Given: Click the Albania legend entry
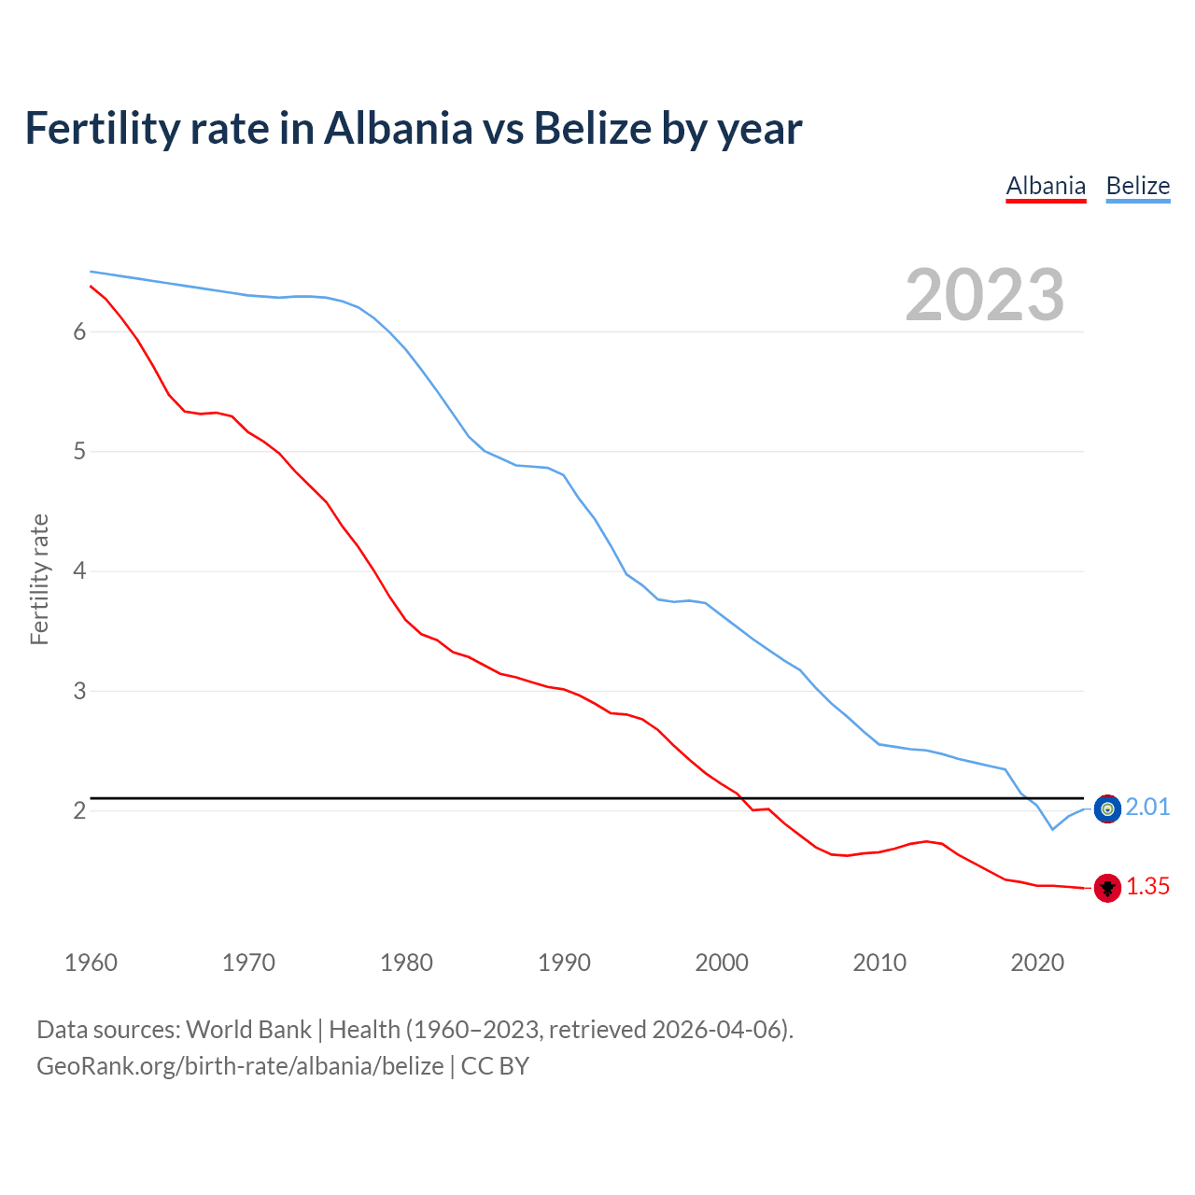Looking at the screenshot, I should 1046,187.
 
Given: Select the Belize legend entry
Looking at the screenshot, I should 1137,187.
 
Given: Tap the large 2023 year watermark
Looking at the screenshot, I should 985,295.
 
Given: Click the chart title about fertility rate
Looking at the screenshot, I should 414,128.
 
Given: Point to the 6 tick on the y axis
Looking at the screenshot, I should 79,332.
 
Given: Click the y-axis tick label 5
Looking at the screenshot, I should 79,452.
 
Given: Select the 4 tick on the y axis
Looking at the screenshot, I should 79,571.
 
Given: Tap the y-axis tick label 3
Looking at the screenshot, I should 79,691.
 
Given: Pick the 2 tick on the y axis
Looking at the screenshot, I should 79,810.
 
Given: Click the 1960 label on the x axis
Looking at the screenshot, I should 91,963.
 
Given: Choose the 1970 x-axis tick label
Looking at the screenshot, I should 248,963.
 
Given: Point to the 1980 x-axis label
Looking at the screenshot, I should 406,963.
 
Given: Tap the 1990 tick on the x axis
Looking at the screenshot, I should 564,963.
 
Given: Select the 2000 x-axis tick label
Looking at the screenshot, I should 722,963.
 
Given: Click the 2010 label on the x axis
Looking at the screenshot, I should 879,963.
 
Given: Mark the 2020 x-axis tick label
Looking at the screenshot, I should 1037,963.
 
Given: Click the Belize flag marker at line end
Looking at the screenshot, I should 1107,808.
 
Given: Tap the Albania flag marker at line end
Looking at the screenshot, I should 1107,888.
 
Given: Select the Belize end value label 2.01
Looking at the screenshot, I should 1147,808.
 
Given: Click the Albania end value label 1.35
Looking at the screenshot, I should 1147,887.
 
